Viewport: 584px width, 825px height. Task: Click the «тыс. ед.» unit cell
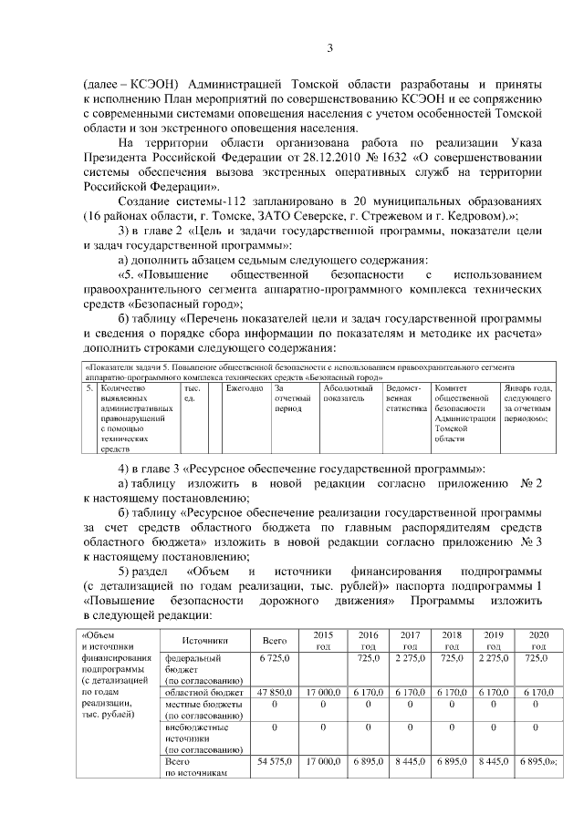coord(192,394)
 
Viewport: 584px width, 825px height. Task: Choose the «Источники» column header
coord(203,641)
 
